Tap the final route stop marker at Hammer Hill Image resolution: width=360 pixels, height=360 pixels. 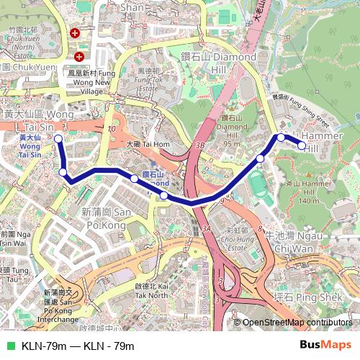pos(302,145)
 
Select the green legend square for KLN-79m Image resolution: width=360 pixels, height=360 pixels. pos(10,346)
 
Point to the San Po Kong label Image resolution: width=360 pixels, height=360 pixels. pos(106,217)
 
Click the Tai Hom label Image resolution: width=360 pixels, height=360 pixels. pos(147,144)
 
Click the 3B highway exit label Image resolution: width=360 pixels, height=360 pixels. pos(199,146)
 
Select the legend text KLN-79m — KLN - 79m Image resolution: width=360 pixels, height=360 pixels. pos(78,346)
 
